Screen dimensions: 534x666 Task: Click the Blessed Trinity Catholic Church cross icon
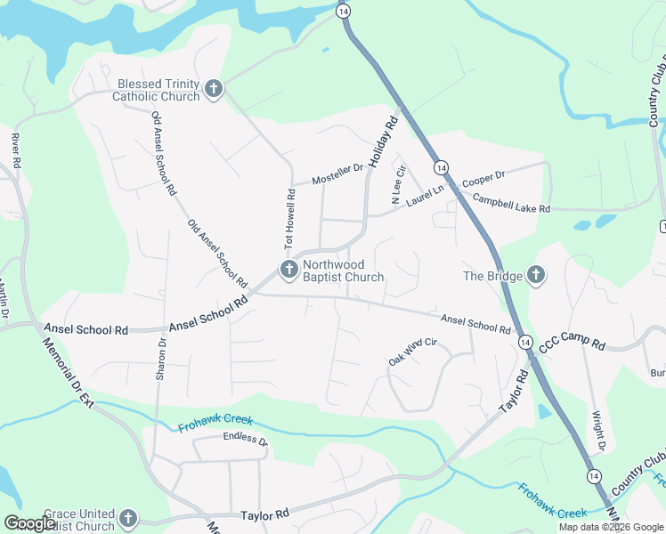213,88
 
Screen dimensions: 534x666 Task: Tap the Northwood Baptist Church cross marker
288,269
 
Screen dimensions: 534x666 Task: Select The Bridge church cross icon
536,275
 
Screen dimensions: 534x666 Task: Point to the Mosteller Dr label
338,174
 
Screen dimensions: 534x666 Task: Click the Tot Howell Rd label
289,218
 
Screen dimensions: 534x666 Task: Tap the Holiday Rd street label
383,142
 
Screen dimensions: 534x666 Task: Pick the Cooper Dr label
483,177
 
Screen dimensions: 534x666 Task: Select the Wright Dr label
600,430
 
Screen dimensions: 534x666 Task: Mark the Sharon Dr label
162,359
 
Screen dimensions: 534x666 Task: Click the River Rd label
15,150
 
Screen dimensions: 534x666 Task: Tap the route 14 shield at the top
344,11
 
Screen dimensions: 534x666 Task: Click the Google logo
31,523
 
